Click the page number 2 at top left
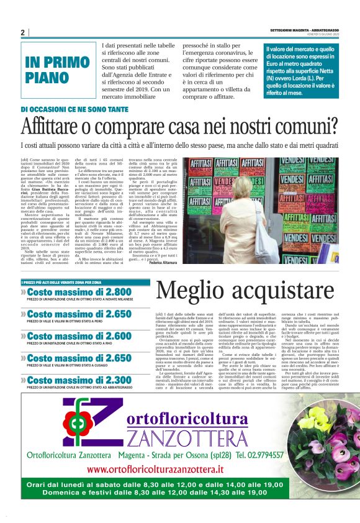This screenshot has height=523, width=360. (23, 32)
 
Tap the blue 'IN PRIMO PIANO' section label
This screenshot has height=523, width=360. (57, 70)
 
